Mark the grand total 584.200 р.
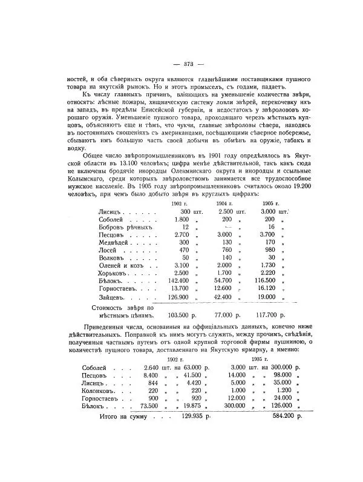click(x=289, y=417)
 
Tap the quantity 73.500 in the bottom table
click(x=147, y=406)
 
